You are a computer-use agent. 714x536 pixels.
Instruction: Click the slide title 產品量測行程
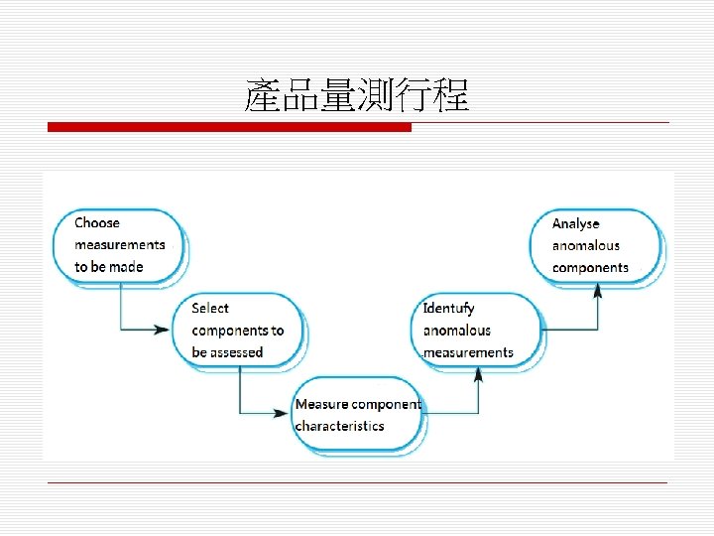click(357, 97)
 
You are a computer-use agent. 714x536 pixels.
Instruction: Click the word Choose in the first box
click(97, 223)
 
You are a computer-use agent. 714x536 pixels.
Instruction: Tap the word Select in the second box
click(210, 309)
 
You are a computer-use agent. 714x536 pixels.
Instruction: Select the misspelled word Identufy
click(448, 309)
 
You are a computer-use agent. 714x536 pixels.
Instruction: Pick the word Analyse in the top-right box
click(576, 224)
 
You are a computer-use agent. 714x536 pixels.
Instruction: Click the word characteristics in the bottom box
click(339, 426)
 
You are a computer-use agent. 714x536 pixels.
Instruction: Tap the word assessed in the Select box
click(237, 352)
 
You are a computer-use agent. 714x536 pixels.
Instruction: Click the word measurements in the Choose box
click(120, 245)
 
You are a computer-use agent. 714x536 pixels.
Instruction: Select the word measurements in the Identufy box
click(468, 352)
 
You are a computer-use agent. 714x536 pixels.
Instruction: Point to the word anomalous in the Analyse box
click(585, 246)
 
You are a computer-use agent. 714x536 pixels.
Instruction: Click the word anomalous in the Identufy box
click(457, 331)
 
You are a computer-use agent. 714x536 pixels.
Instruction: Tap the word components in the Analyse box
click(590, 268)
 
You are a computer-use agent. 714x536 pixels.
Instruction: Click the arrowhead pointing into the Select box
click(163, 330)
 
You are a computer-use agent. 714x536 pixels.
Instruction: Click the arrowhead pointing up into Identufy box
click(479, 374)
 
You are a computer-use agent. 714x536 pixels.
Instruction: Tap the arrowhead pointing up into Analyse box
click(598, 290)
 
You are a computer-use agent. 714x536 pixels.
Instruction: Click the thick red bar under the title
click(229, 127)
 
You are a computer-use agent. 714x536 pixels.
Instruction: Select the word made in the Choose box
click(127, 267)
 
